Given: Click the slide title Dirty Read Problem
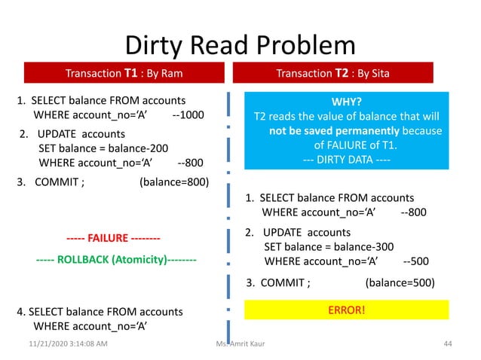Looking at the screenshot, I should [240, 45].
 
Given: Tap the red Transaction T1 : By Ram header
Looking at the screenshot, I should [124, 73].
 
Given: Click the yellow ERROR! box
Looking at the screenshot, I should [346, 309].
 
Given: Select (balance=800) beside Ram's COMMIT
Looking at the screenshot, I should [174, 181].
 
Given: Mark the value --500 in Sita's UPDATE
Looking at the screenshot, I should [416, 261].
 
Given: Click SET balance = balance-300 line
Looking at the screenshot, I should [328, 247].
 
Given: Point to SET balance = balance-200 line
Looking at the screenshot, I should [104, 148].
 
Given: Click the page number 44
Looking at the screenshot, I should [447, 344].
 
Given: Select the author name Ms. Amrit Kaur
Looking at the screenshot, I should [240, 344].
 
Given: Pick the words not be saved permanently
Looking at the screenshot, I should [324, 131].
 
